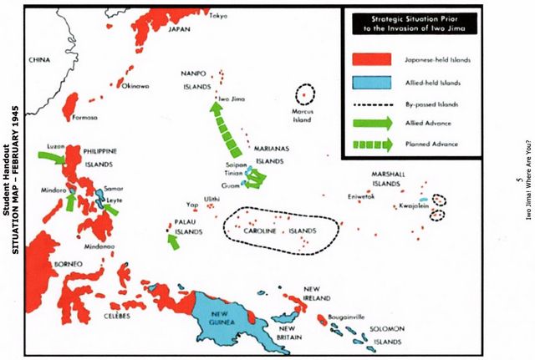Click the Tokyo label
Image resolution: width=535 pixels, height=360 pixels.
point(218,16)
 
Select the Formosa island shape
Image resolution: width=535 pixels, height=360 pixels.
point(70,104)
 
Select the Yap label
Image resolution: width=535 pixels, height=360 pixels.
point(191,204)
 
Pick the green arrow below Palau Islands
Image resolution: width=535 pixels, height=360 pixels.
point(174,241)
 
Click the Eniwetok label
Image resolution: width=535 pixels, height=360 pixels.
point(361,196)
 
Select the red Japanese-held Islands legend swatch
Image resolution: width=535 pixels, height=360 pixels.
point(371,60)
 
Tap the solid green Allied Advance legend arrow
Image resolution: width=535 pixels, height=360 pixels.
point(371,124)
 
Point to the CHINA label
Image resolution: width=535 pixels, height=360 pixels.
point(39,60)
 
